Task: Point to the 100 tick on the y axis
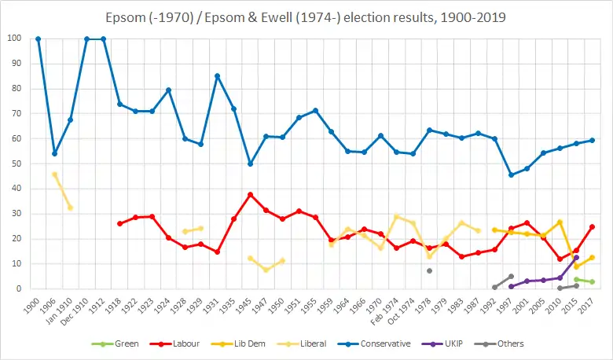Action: tap(15, 39)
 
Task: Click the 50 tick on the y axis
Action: tap(17, 163)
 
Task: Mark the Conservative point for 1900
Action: tap(38, 39)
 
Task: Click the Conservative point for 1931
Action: tap(217, 76)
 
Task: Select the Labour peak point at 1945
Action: tap(250, 194)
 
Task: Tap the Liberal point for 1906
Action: tap(54, 174)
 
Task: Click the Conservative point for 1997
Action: tap(511, 174)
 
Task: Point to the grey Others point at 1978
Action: tap(429, 270)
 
